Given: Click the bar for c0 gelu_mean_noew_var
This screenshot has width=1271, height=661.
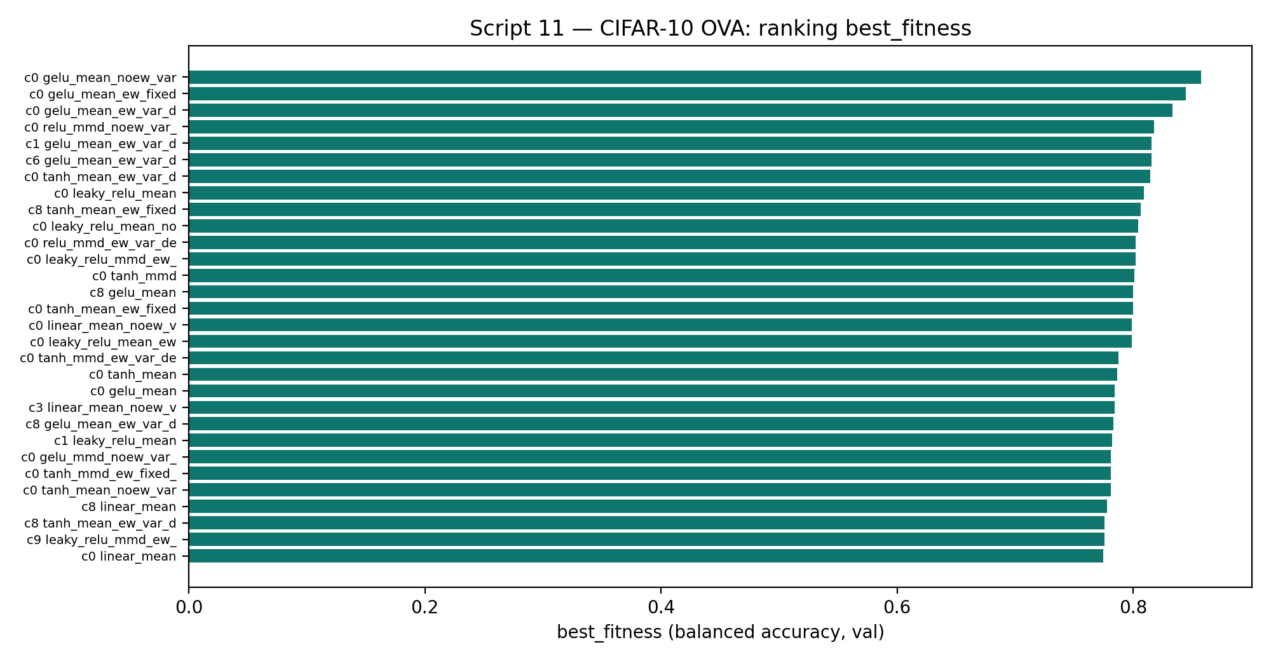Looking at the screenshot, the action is (x=695, y=78).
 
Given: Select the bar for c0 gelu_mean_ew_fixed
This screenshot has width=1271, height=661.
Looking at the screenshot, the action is (x=687, y=94).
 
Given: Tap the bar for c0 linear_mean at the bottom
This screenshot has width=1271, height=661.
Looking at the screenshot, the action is (x=646, y=556).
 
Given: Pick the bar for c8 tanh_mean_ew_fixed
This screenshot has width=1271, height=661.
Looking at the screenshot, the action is (x=665, y=210).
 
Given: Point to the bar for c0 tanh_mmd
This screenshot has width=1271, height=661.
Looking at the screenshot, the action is (x=662, y=276).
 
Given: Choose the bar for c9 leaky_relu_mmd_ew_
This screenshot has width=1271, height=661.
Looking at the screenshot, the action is (x=646, y=540).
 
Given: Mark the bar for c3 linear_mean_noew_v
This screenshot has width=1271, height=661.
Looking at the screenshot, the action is (x=651, y=407).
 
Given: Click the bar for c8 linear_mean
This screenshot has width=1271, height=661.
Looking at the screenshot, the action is (x=648, y=507).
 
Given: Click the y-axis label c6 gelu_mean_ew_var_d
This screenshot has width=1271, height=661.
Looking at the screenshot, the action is (x=101, y=160).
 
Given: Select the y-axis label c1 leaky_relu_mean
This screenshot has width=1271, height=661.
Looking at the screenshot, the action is (x=115, y=441).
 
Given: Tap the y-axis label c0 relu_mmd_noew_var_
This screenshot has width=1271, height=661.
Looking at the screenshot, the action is (x=101, y=127).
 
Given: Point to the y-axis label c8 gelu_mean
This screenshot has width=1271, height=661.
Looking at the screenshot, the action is (x=133, y=292).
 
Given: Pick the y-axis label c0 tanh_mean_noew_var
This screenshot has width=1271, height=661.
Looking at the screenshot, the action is (x=100, y=491).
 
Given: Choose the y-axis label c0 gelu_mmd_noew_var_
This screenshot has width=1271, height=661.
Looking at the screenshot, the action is (x=100, y=458).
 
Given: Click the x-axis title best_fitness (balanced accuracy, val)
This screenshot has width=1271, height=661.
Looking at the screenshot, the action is (x=721, y=632).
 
